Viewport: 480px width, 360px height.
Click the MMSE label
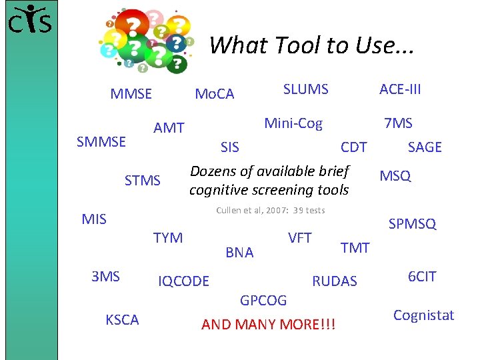click(x=131, y=94)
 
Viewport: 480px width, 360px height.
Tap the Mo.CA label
click(x=214, y=94)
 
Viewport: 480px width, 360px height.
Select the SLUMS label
click(x=305, y=89)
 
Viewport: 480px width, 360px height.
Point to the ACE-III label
click(x=400, y=89)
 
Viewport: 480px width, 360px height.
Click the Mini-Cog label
click(x=293, y=123)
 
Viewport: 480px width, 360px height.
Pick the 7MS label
click(x=398, y=123)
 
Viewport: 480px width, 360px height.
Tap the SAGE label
click(x=425, y=147)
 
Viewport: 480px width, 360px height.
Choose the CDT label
click(x=353, y=147)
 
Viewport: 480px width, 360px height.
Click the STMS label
click(x=143, y=180)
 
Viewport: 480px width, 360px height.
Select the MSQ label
click(x=395, y=176)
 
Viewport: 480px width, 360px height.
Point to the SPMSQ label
click(x=412, y=224)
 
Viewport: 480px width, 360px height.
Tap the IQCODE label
click(x=183, y=281)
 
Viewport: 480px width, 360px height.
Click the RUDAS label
click(x=335, y=281)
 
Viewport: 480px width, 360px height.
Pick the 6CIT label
click(x=421, y=276)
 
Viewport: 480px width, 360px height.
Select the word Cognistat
click(x=423, y=315)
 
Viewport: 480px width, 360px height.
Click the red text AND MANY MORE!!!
click(x=269, y=325)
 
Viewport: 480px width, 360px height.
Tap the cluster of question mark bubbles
click(x=147, y=39)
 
